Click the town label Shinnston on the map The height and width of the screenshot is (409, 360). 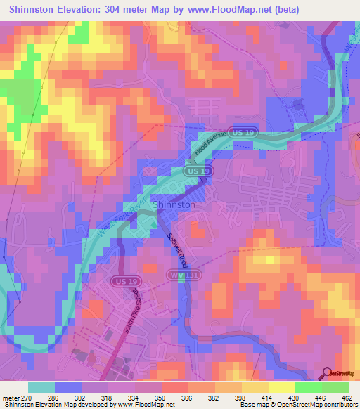click(174, 204)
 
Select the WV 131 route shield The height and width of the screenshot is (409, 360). click(177, 275)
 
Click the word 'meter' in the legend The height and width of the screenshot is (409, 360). click(11, 397)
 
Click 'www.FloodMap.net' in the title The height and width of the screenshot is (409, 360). click(236, 10)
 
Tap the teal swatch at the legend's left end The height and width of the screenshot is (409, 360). click(40, 387)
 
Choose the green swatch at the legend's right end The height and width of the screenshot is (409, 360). click(335, 387)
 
